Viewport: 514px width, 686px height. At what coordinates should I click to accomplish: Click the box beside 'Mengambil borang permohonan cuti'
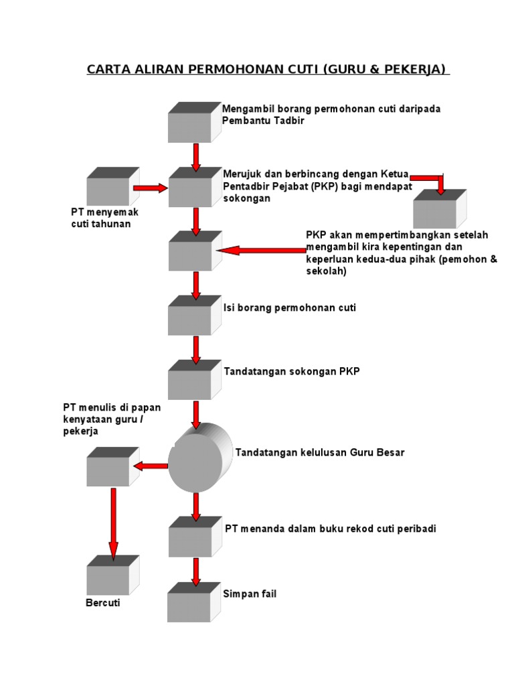(193, 123)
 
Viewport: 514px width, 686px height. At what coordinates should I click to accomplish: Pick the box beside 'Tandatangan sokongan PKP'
(193, 381)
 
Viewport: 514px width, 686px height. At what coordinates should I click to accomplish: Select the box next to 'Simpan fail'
(193, 603)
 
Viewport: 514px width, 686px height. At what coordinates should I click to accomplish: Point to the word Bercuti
(104, 604)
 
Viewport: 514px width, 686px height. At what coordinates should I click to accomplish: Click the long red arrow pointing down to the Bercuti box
(113, 523)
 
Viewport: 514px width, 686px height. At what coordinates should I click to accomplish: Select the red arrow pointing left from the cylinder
(151, 466)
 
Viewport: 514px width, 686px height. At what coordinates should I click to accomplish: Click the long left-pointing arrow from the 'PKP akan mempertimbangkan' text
(261, 251)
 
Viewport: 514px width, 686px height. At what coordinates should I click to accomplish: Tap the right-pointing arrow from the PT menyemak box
(151, 188)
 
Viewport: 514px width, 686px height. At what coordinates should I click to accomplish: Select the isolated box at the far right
(438, 210)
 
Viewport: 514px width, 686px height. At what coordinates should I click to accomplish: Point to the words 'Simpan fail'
(250, 594)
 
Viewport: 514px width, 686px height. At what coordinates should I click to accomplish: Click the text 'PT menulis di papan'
(112, 407)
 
